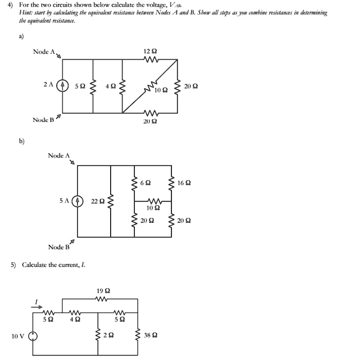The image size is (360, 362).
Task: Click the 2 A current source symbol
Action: tap(62, 85)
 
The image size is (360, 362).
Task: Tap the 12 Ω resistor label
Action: tap(150, 51)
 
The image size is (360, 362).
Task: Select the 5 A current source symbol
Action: tap(78, 201)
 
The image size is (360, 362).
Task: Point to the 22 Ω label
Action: tap(98, 201)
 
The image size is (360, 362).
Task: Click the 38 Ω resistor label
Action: tap(151, 335)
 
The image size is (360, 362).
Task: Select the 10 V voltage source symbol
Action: tap(33, 336)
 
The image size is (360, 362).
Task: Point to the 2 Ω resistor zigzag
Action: tap(97, 335)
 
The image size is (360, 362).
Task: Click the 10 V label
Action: tap(18, 336)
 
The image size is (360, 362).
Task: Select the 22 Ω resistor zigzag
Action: tap(111, 201)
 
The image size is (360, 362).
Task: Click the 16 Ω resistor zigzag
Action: tap(172, 182)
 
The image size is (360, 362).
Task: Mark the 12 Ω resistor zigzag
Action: tap(150, 60)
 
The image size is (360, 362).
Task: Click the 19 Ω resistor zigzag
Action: tap(103, 299)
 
